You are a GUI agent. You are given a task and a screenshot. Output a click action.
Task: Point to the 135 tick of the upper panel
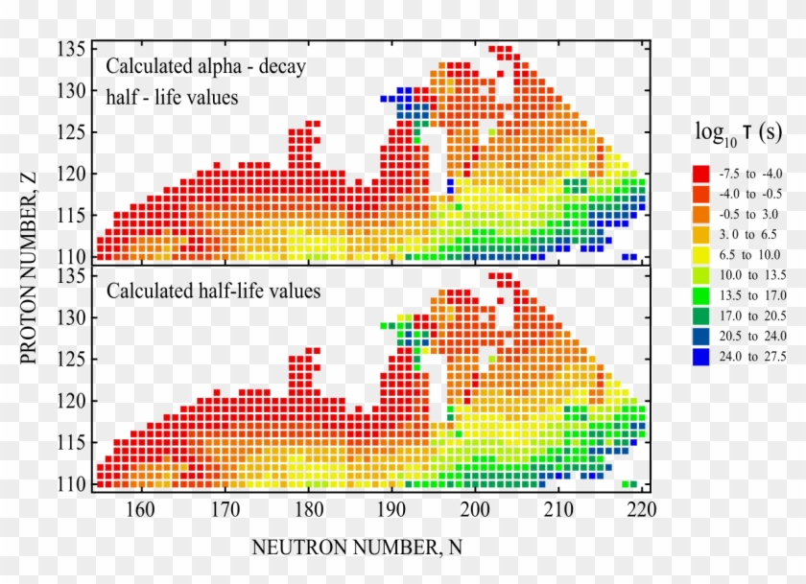click(x=76, y=49)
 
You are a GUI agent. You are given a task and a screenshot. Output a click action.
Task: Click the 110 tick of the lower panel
click(x=76, y=482)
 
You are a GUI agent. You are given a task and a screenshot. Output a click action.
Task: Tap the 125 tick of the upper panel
click(x=76, y=131)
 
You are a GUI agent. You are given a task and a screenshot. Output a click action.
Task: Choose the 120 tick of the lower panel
click(x=76, y=400)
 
